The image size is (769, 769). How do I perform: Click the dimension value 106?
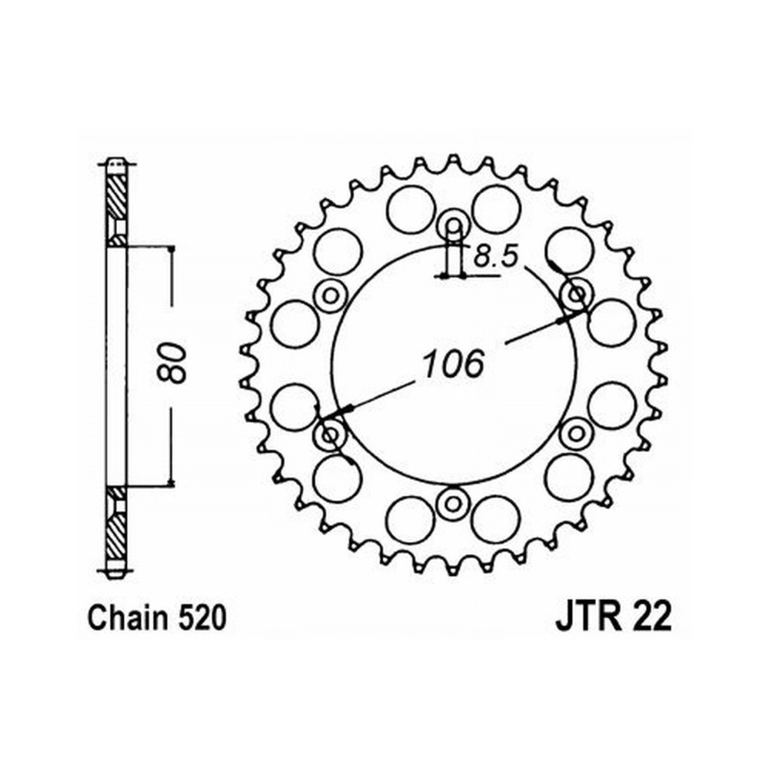coord(454,364)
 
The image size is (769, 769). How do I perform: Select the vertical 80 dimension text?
coord(172,362)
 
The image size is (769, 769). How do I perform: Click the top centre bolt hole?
coord(453,225)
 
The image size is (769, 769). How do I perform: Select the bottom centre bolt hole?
coord(453,503)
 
